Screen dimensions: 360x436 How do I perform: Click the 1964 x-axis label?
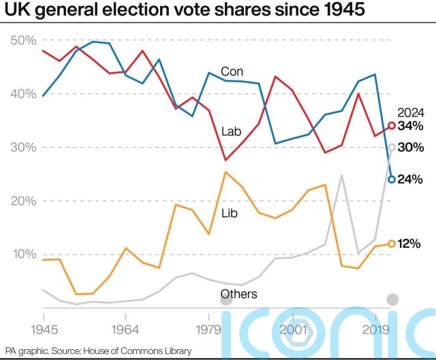coord(125,329)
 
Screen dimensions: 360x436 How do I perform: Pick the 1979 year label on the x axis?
coord(206,329)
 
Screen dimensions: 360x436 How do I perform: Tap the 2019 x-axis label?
coord(377,329)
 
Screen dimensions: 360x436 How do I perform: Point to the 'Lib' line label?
coord(230,212)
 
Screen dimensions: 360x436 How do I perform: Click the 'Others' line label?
coord(238,294)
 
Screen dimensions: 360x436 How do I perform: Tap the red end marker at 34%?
coord(392,125)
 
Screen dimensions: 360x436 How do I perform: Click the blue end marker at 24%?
coord(392,179)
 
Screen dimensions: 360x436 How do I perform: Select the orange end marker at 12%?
coord(392,243)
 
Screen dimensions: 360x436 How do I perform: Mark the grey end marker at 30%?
coord(392,147)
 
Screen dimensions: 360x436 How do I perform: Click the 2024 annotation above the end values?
coord(411,113)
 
